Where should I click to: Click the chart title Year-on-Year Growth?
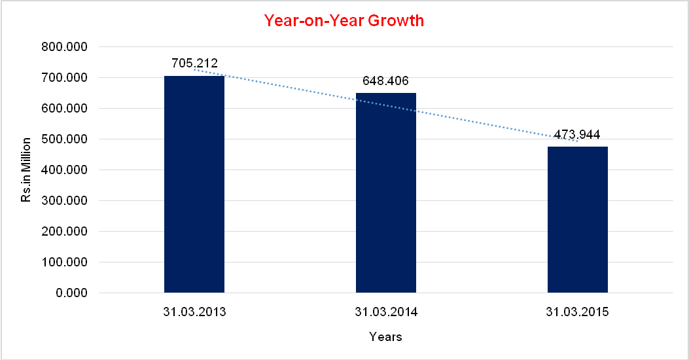click(344, 20)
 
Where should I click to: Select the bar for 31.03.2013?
click(194, 184)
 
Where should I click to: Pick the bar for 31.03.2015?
click(578, 219)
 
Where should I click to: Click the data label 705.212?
click(194, 64)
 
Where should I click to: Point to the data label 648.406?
click(386, 81)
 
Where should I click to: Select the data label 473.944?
click(577, 135)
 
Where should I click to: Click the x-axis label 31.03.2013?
click(194, 312)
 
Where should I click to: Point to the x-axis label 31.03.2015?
click(578, 312)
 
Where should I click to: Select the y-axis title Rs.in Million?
click(26, 170)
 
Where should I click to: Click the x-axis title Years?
click(385, 338)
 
